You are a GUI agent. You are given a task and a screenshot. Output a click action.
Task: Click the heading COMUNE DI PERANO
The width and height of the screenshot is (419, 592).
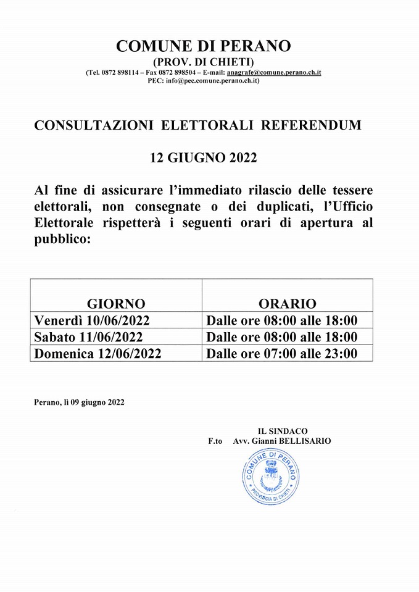pos(203,46)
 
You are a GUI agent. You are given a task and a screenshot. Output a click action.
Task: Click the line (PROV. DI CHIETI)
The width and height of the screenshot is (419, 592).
pos(203,62)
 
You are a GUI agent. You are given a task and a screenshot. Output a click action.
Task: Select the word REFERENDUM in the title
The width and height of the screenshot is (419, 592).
pos(311,126)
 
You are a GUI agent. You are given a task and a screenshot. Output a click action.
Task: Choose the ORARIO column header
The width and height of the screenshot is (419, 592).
pos(287,303)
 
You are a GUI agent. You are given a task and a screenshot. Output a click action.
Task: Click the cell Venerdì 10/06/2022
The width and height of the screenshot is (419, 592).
pos(92,320)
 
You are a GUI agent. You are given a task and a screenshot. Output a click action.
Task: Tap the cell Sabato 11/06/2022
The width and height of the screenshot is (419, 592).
pos(89,337)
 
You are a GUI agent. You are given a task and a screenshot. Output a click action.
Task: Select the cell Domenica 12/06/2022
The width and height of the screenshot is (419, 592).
pos(98,353)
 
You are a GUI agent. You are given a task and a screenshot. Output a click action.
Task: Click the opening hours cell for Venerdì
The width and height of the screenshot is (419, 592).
pos(281,320)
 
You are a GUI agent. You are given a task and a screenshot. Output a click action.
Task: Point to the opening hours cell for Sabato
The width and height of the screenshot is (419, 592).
pos(281,337)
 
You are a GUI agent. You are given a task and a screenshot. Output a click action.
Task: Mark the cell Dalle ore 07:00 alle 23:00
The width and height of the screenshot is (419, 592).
pos(281,353)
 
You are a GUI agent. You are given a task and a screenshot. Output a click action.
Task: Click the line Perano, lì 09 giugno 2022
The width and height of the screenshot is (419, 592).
pos(80,402)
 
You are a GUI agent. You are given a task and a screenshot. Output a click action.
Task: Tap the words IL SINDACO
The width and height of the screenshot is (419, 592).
pos(282,431)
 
